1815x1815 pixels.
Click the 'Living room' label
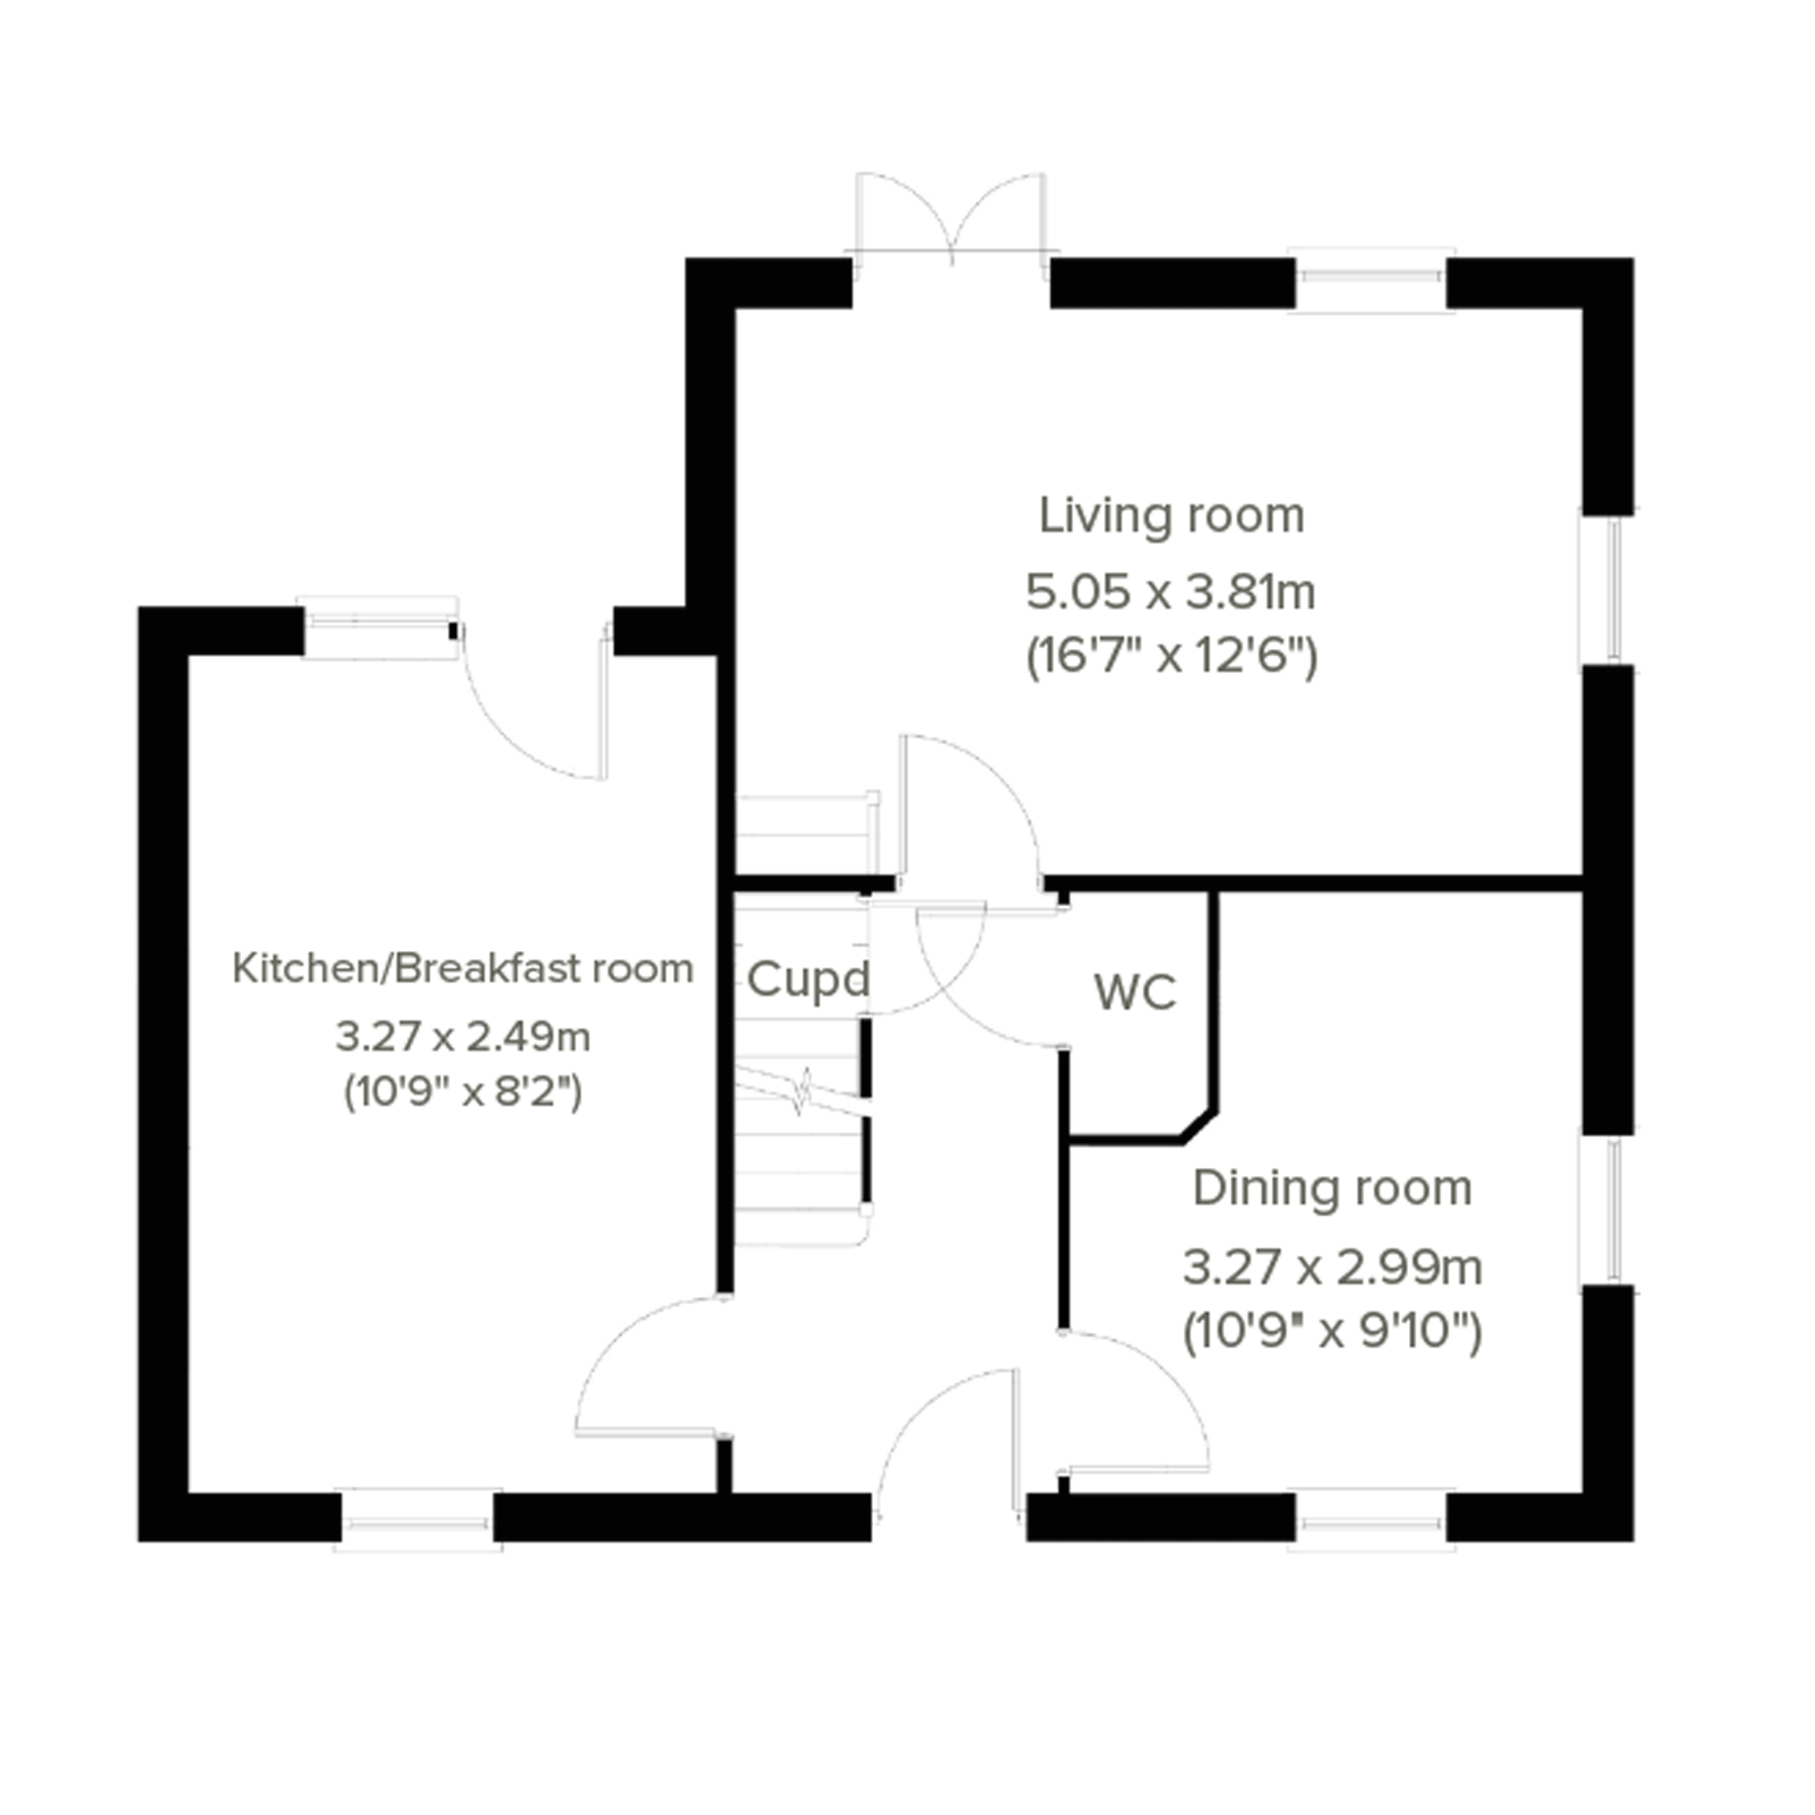tap(1171, 515)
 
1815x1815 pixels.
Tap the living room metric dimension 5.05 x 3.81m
tap(1171, 592)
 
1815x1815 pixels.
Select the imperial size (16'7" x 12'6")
tap(1171, 656)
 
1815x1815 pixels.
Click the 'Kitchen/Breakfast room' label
tap(462, 969)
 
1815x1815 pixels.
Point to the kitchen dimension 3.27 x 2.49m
tap(462, 1037)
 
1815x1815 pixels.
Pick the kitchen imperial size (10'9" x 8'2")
tap(462, 1092)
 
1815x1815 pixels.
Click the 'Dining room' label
tap(1332, 1188)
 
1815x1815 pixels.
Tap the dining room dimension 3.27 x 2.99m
tap(1332, 1267)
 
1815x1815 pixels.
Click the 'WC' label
tap(1135, 992)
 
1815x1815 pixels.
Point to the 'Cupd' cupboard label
tap(808, 980)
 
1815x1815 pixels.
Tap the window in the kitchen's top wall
tap(377, 627)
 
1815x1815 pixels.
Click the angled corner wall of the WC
tap(1198, 1128)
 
